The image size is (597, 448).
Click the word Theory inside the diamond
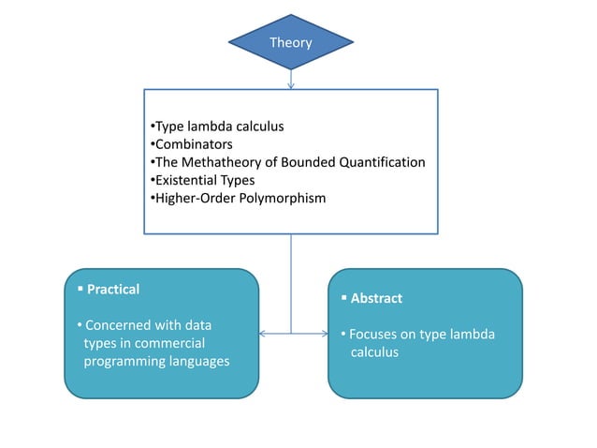[291, 42]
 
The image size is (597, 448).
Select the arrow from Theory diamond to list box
[291, 80]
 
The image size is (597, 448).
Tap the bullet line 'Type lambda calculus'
[217, 126]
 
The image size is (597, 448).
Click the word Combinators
[194, 144]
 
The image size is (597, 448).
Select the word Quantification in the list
[381, 162]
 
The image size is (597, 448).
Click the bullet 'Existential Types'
[203, 180]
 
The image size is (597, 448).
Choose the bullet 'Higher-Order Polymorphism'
[238, 198]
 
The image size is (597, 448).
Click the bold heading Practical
[112, 290]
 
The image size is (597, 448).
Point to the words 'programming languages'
[156, 361]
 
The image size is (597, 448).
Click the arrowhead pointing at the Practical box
[263, 333]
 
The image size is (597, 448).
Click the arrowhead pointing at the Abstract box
[322, 333]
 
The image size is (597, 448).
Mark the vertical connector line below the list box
[291, 281]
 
